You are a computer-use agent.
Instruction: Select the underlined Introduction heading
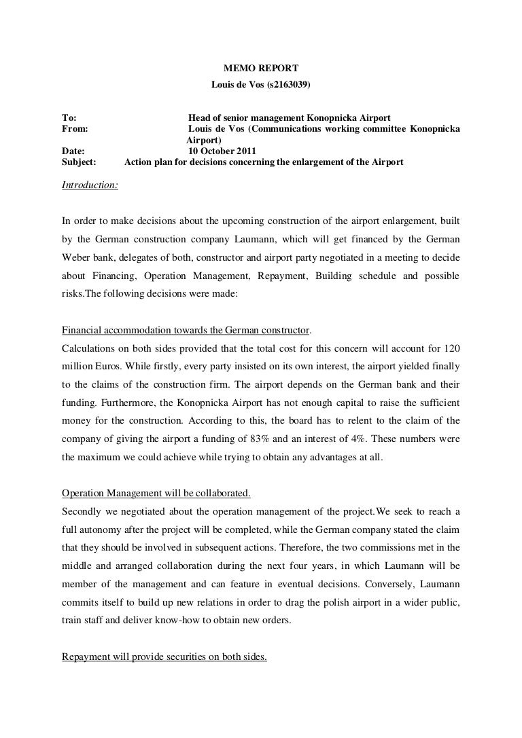(90, 184)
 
